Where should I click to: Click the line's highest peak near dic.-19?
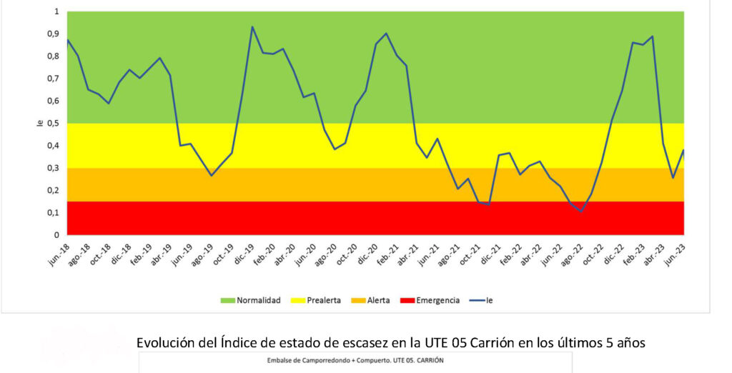[252, 27]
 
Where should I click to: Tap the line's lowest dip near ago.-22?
[581, 211]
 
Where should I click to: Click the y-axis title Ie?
[39, 123]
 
